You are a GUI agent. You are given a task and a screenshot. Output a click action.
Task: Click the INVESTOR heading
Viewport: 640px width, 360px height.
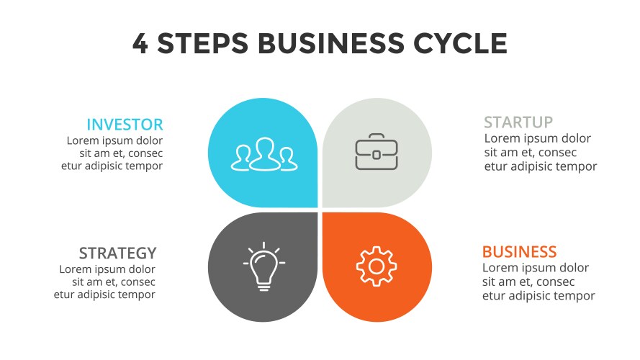(x=125, y=125)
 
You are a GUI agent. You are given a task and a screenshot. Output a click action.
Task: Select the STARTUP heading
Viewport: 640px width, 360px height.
(x=518, y=122)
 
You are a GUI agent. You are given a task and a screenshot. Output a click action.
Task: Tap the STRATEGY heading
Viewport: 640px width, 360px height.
(x=117, y=253)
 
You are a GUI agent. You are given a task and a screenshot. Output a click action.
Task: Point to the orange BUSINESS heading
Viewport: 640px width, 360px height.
(x=519, y=252)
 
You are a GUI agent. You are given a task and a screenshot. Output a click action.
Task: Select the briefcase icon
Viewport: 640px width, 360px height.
(x=376, y=152)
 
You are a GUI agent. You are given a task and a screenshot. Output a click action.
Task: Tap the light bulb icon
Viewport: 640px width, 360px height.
(x=263, y=267)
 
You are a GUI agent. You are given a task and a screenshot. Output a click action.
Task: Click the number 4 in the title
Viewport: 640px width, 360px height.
(x=141, y=44)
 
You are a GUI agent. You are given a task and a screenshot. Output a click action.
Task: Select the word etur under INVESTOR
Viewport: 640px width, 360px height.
(x=73, y=166)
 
